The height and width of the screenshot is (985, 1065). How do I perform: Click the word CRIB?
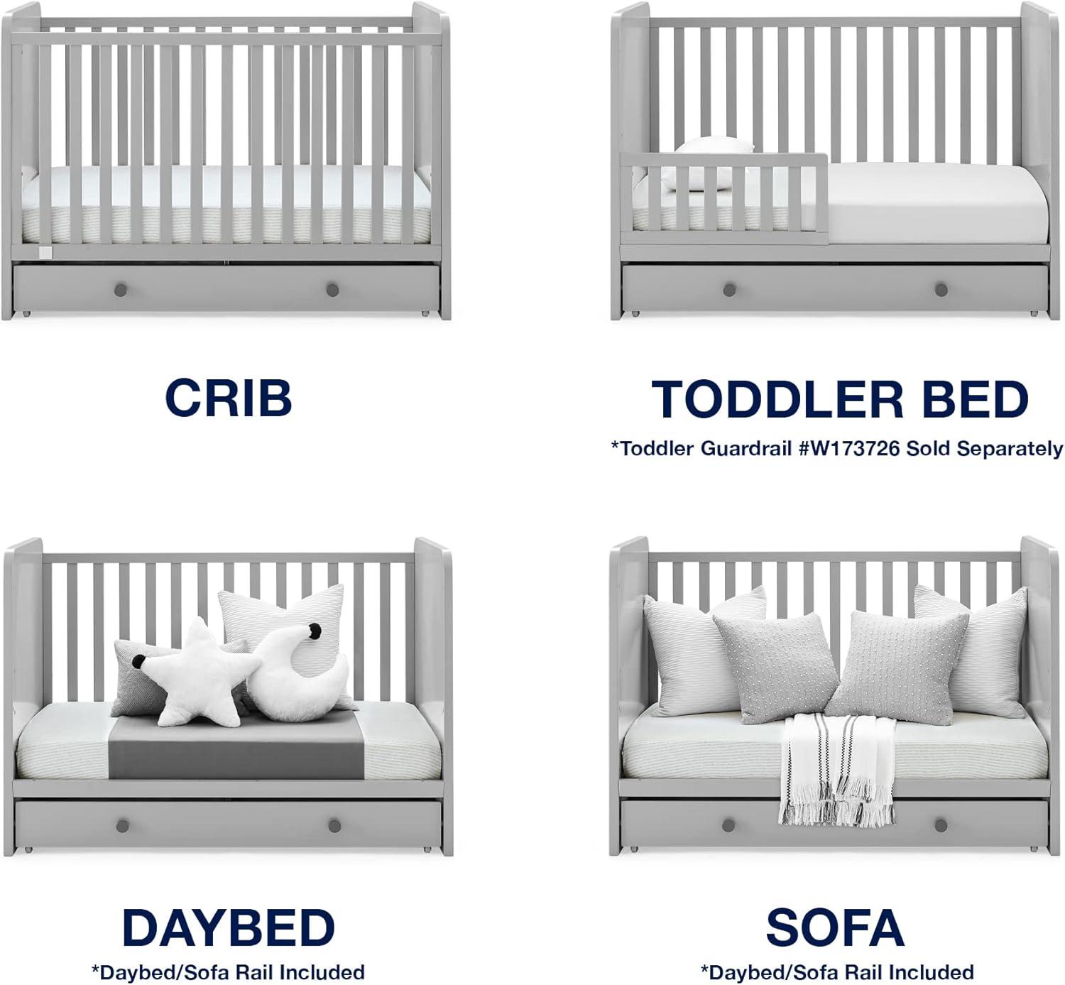pos(228,397)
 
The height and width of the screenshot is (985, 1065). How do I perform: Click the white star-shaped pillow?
pos(200,671)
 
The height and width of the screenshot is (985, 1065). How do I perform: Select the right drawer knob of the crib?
pos(332,290)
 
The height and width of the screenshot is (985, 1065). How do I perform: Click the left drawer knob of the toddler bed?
pos(728,290)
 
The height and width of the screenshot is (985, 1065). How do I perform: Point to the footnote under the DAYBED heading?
pos(228,972)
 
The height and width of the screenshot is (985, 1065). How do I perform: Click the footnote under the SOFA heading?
pos(836,972)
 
